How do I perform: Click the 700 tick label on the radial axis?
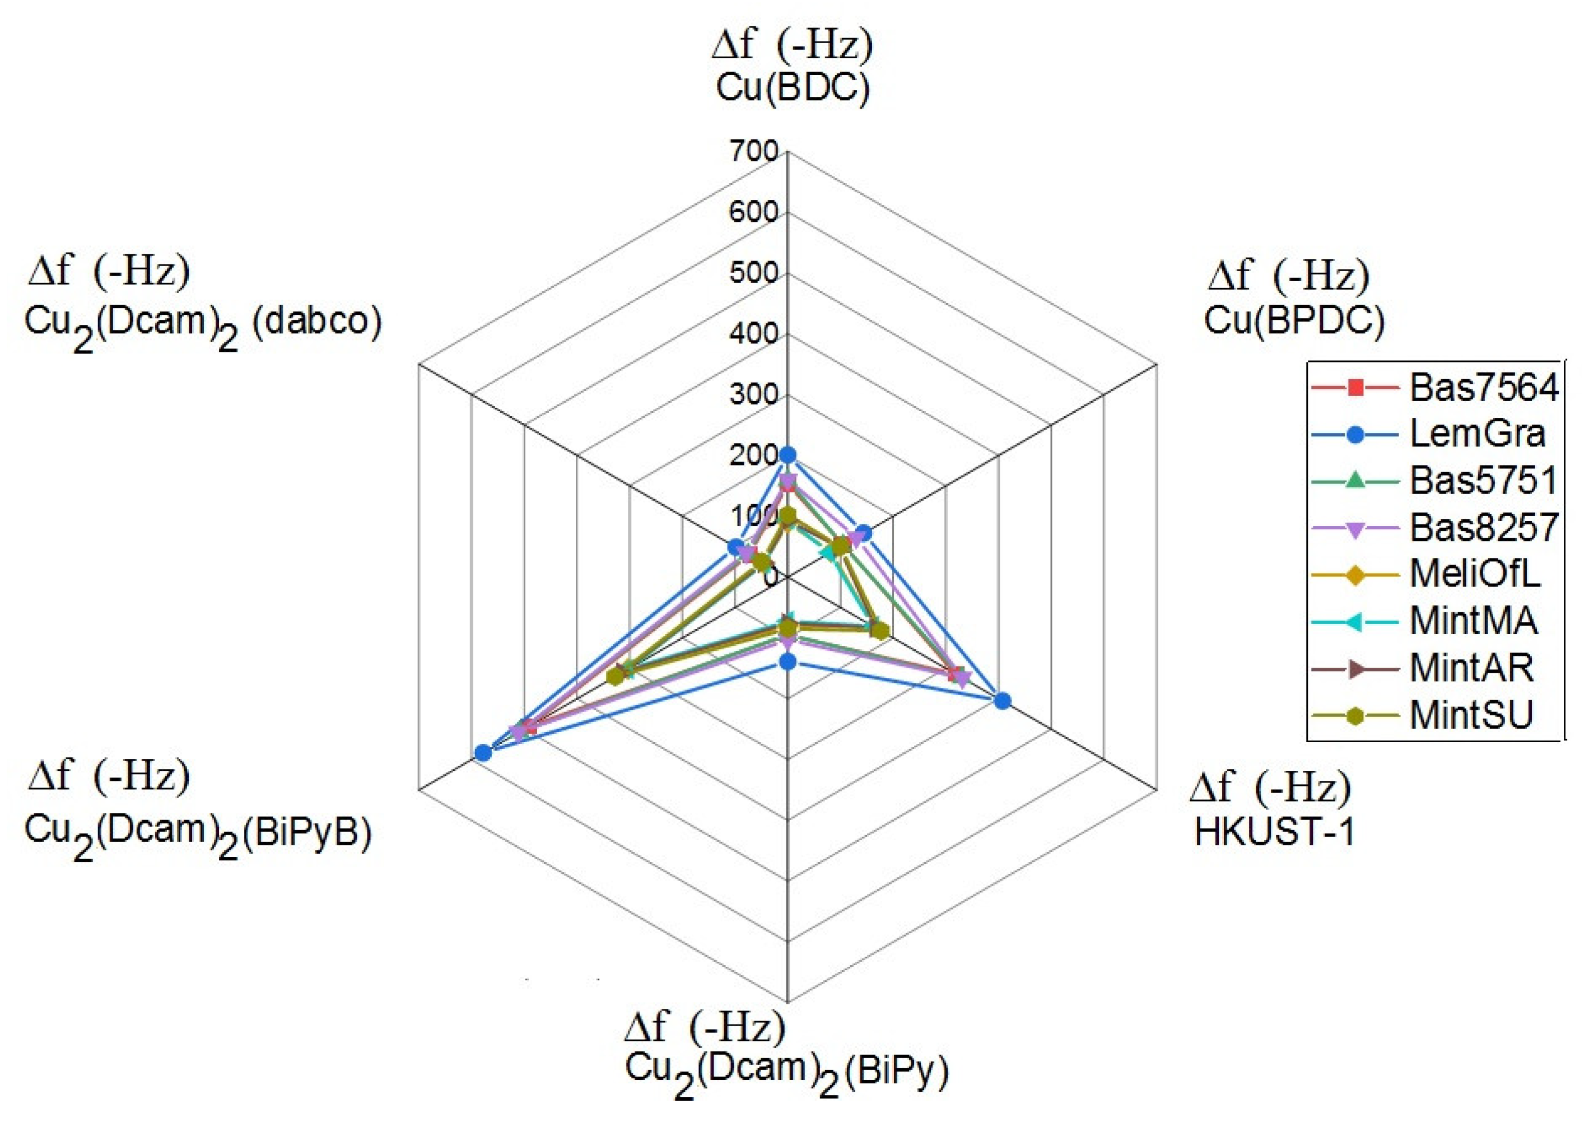[754, 151]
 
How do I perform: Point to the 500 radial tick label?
[754, 273]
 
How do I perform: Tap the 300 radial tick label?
[754, 395]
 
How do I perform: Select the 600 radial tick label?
[754, 212]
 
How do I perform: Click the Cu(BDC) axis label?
[793, 89]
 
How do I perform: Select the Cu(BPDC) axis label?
[1294, 320]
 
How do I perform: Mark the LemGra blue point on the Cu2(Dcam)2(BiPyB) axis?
[483, 753]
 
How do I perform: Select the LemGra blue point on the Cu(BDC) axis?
[787, 455]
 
